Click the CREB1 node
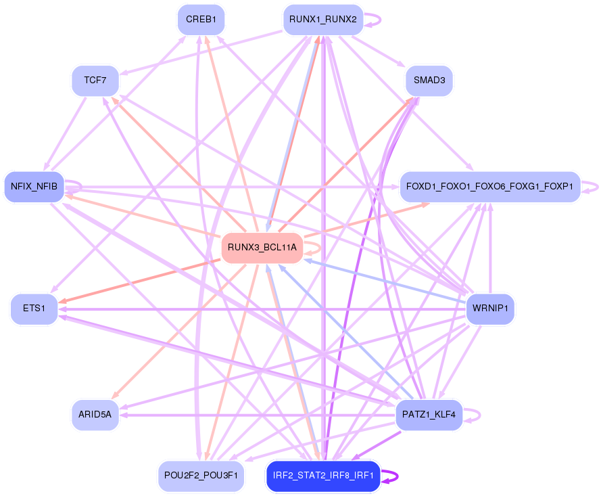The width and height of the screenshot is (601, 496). pos(200,20)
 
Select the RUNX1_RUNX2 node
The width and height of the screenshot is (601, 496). pos(322,20)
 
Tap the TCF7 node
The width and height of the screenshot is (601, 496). pos(95,81)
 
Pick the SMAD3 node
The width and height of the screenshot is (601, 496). pos(429,81)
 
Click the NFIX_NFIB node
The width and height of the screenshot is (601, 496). pos(34,185)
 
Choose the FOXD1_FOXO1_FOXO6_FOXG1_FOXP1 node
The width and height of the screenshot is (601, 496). pos(489,185)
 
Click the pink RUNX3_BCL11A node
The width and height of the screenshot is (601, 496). pos(262,248)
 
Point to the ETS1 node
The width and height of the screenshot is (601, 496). pos(34,309)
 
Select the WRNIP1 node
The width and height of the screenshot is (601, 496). pos(490,309)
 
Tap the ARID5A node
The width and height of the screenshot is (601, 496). pos(95,414)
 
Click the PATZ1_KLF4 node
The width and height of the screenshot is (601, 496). pos(429,414)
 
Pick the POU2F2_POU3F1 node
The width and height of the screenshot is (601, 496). pos(200,476)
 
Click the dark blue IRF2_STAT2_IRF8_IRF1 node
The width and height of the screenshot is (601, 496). pos(323,476)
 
